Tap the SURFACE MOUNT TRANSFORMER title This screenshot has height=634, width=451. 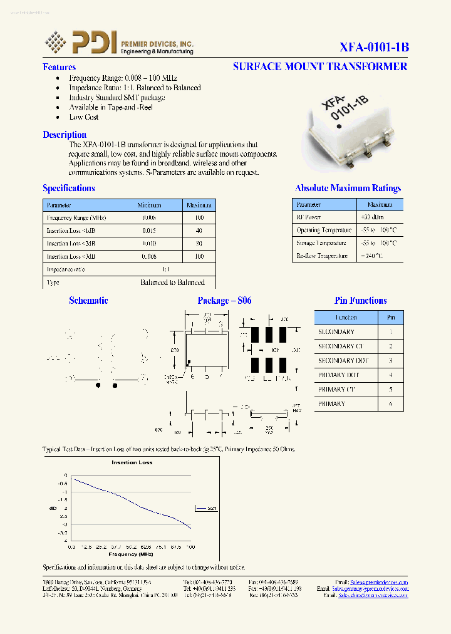(x=319, y=66)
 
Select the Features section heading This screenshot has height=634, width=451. (x=59, y=67)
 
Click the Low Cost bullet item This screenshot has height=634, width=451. (x=84, y=117)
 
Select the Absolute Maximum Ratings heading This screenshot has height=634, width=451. (x=348, y=188)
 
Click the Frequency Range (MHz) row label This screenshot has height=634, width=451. (x=76, y=217)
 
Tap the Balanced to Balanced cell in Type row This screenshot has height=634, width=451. (x=172, y=283)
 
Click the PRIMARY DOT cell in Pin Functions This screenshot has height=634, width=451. (x=338, y=375)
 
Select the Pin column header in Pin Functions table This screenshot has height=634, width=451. (x=391, y=318)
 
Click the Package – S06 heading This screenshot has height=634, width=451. (x=224, y=301)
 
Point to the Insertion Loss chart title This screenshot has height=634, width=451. (x=132, y=462)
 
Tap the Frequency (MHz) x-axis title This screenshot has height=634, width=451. (x=131, y=554)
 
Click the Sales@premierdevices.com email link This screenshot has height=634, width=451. (x=379, y=582)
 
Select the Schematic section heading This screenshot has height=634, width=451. (x=88, y=301)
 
